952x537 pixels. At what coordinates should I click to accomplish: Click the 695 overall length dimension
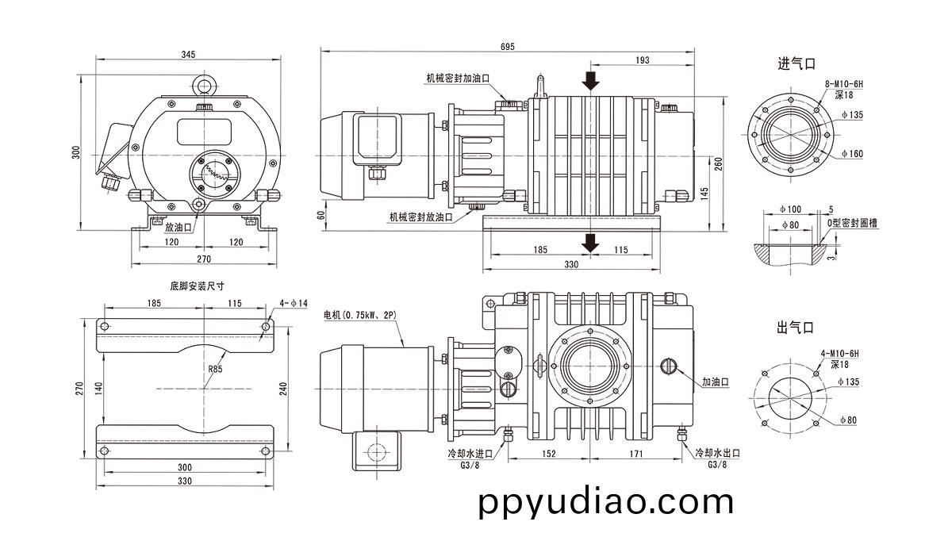(507, 46)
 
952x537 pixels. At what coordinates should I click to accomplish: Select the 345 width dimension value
(188, 55)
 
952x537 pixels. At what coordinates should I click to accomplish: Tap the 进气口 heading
(796, 64)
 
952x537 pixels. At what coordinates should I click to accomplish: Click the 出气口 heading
(796, 327)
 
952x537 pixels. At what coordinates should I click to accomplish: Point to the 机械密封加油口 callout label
(458, 79)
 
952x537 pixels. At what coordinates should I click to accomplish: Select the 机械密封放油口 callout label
(420, 217)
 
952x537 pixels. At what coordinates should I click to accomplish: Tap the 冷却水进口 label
(470, 453)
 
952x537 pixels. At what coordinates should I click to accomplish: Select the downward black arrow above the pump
(589, 80)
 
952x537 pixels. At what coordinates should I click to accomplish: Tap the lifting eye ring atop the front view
(204, 84)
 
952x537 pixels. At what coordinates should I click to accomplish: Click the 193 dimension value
(643, 60)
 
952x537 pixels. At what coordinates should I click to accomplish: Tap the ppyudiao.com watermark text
(606, 502)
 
